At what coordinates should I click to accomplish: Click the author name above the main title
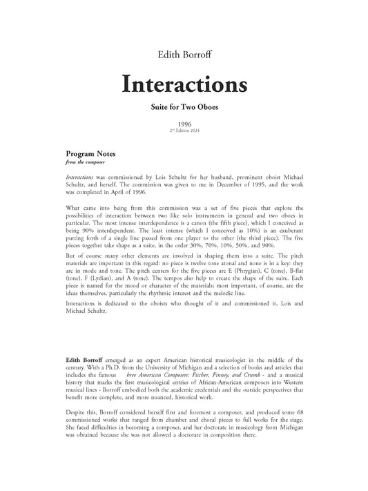click(x=184, y=52)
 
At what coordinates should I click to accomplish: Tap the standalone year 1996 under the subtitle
click(x=184, y=124)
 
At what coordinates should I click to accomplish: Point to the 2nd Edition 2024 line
click(x=184, y=131)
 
